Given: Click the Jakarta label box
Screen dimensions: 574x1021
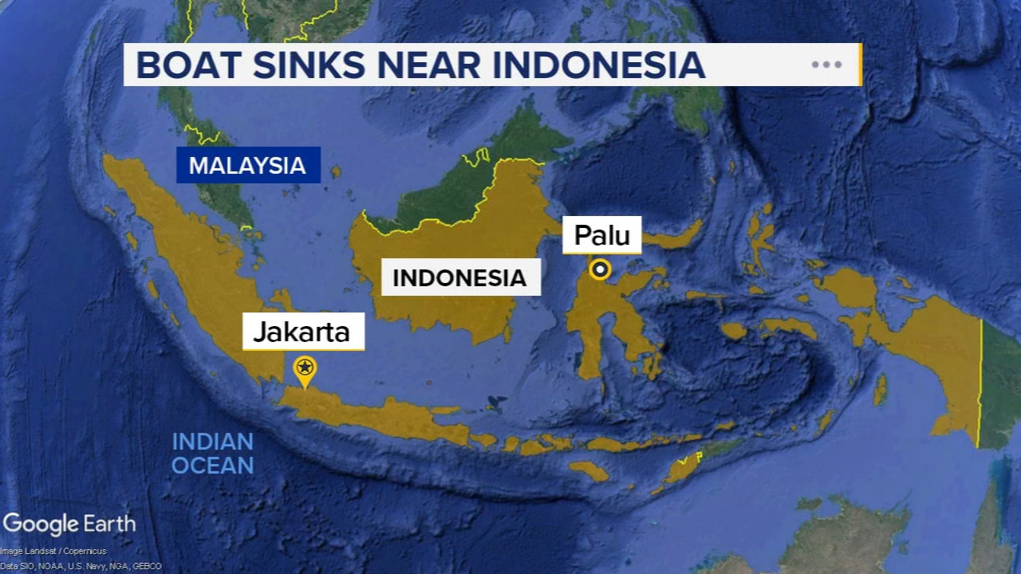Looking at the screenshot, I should [x=303, y=332].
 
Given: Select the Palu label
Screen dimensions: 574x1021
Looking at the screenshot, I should [x=602, y=235].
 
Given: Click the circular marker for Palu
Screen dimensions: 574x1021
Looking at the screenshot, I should [x=601, y=269].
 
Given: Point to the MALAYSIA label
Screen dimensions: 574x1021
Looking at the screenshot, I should [x=247, y=166].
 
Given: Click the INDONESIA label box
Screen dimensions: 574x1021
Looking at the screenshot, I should [x=459, y=278].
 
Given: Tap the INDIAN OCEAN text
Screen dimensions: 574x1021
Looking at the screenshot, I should [x=213, y=453].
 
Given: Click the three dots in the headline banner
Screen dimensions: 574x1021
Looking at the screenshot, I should [x=826, y=65].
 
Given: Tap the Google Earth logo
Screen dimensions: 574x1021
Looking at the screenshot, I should [x=69, y=524].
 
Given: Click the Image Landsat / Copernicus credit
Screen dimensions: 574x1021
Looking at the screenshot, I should [x=53, y=551].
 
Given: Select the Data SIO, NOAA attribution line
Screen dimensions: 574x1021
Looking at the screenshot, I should [x=81, y=566].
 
